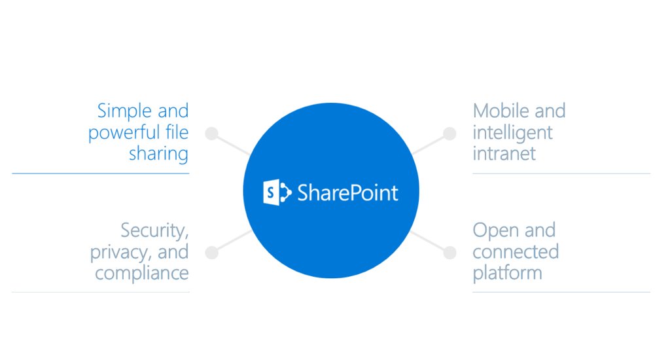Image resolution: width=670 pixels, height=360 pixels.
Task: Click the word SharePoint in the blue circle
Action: (x=348, y=193)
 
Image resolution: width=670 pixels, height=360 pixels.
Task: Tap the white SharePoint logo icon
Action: (x=277, y=192)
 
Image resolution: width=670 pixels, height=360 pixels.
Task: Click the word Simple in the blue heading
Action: (x=124, y=111)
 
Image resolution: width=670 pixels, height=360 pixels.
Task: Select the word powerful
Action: (x=118, y=132)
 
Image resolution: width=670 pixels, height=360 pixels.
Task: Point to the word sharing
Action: (x=158, y=154)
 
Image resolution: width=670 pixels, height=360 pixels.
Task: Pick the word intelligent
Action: (x=512, y=133)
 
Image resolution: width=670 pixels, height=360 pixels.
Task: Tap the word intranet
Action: (x=504, y=154)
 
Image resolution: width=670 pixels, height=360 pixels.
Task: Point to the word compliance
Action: (x=142, y=274)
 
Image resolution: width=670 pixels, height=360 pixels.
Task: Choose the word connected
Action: (x=516, y=251)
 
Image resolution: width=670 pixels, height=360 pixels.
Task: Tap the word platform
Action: (x=507, y=273)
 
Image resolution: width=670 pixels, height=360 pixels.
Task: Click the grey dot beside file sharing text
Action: (x=211, y=134)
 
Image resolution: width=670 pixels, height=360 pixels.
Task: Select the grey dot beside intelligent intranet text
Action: (x=450, y=134)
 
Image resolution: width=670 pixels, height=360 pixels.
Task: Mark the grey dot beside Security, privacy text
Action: (x=211, y=253)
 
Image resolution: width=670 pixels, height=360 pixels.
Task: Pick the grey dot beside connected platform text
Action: (x=450, y=253)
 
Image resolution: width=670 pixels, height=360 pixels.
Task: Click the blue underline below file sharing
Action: (x=100, y=173)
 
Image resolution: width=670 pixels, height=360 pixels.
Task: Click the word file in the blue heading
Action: (x=177, y=132)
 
